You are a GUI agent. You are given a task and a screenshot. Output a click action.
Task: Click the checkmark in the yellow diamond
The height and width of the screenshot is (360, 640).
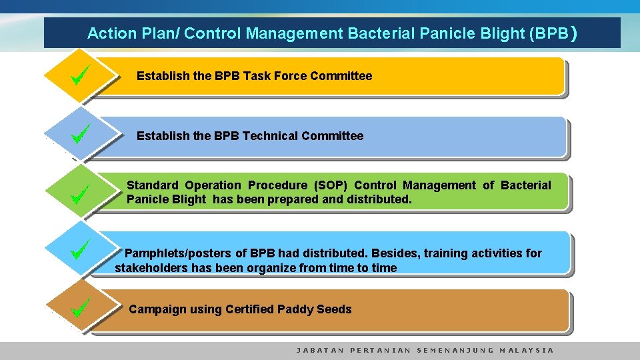[79, 75]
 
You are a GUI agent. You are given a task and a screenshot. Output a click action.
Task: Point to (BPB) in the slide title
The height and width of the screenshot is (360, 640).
[552, 33]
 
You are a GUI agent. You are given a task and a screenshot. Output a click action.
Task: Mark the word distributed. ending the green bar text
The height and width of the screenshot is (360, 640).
[379, 199]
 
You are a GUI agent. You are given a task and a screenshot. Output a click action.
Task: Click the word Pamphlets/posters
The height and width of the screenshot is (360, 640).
[177, 253]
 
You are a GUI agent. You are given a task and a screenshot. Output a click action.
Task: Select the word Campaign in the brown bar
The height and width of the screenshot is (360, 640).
[157, 309]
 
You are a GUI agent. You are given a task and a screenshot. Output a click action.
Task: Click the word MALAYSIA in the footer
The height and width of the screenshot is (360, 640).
[527, 350]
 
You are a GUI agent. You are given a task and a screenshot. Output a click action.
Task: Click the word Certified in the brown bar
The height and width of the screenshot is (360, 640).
[249, 309]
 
